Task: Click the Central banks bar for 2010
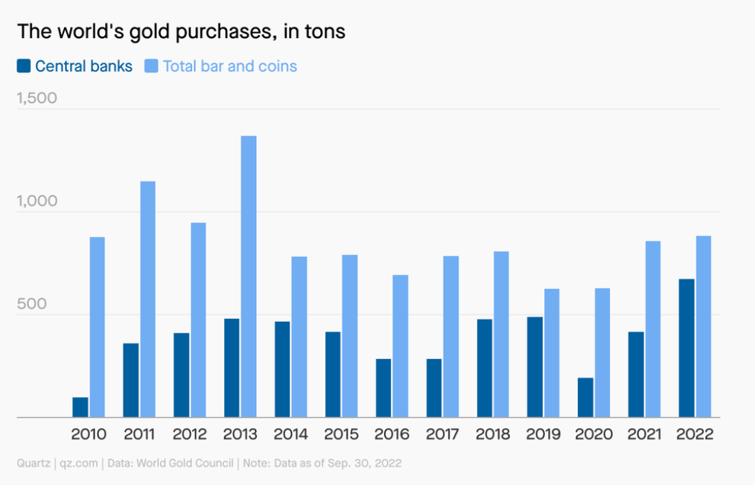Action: pyautogui.click(x=80, y=408)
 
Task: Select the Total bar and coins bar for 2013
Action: pyautogui.click(x=249, y=276)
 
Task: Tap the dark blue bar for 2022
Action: pyautogui.click(x=686, y=348)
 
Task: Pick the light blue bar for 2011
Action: pyautogui.click(x=148, y=299)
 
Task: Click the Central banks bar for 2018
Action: pyautogui.click(x=485, y=368)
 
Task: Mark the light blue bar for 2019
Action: pyautogui.click(x=552, y=352)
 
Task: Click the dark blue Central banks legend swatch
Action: pyautogui.click(x=24, y=66)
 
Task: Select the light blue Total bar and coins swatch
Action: pyautogui.click(x=151, y=66)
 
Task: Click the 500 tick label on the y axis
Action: pyautogui.click(x=31, y=304)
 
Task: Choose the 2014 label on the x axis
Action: pyautogui.click(x=291, y=434)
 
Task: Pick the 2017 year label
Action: pyautogui.click(x=443, y=434)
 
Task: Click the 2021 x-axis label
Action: pyautogui.click(x=645, y=434)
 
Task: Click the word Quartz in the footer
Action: pyautogui.click(x=33, y=463)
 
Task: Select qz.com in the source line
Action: pyautogui.click(x=79, y=463)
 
